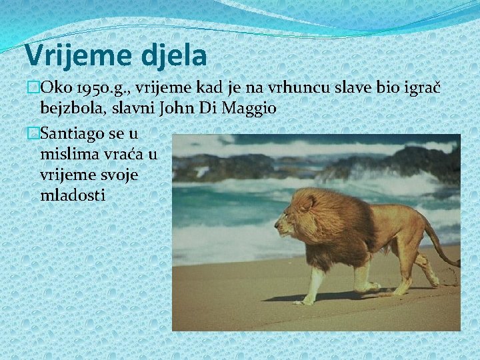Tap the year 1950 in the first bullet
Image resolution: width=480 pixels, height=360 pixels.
(x=86, y=89)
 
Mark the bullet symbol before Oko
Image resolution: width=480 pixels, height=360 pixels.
(x=31, y=89)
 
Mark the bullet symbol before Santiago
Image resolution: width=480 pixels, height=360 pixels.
(x=31, y=134)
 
